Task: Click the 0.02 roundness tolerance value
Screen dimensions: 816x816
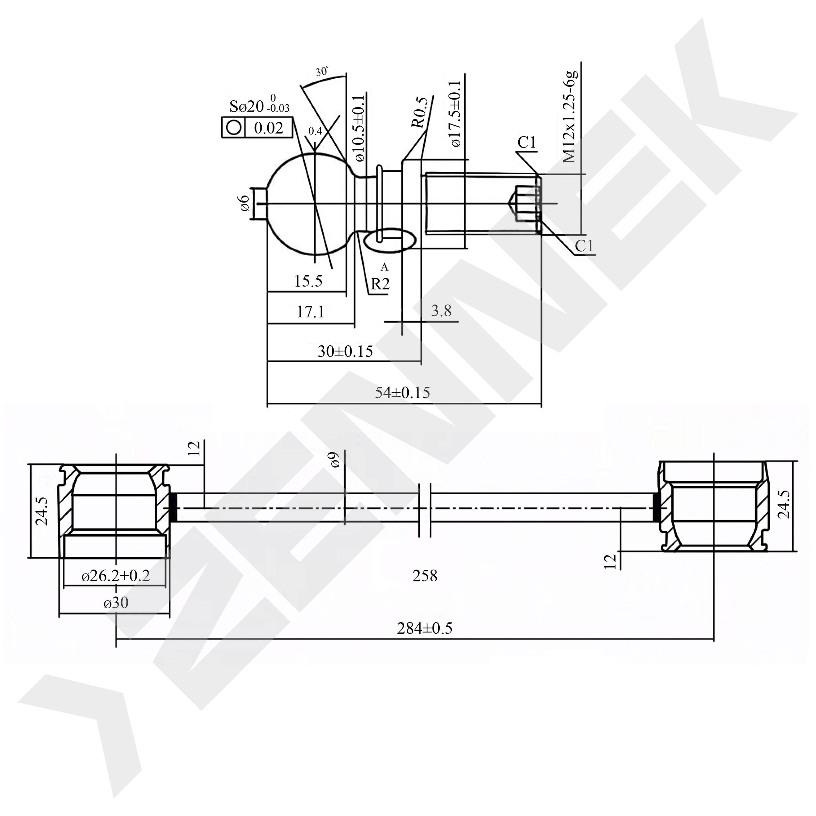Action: (x=268, y=128)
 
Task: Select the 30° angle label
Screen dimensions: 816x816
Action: (x=322, y=72)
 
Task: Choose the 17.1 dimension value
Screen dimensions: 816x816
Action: (x=310, y=312)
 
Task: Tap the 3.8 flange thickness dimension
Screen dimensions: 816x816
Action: (x=441, y=311)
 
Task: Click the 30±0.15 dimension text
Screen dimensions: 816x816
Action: (x=345, y=352)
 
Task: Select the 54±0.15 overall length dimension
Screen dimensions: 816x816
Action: (x=402, y=393)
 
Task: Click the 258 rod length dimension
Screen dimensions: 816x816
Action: (x=425, y=576)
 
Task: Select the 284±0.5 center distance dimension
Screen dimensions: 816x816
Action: (x=424, y=628)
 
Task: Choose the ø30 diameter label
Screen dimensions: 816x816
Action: (x=116, y=603)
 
